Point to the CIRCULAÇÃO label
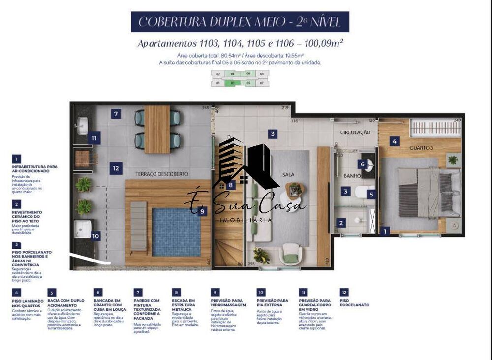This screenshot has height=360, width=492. point(355,132)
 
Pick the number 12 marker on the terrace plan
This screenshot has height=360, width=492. point(116,168)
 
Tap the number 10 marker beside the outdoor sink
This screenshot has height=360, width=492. point(95,236)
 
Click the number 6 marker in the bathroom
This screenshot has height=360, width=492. point(363,164)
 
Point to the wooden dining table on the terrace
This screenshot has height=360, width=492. point(157,129)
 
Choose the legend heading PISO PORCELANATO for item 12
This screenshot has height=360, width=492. point(354,302)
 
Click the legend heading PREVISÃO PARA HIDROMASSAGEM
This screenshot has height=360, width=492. point(228,302)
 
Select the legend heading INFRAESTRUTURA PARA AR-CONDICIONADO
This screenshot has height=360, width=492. point(34,169)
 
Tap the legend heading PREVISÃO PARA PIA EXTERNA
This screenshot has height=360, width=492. point(273,302)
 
